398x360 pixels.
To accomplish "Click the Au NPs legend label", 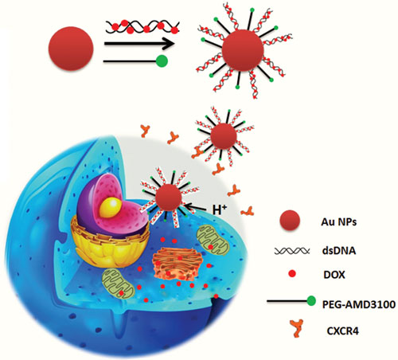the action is (x=339, y=221).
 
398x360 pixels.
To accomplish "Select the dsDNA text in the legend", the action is (x=338, y=251).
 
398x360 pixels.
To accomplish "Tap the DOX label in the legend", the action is (x=334, y=275).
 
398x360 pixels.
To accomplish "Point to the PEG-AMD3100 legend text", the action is (x=359, y=304).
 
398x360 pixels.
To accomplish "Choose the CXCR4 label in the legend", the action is (x=342, y=331).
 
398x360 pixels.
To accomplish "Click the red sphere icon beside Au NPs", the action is (x=290, y=221).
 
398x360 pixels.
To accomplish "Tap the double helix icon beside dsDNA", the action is (x=292, y=251).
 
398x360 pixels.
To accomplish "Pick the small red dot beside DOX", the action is (x=292, y=274).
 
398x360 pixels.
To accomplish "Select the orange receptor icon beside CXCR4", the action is (x=297, y=328).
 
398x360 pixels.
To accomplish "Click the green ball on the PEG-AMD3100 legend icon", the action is (x=311, y=301).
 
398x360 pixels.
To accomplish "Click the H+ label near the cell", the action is (x=220, y=209).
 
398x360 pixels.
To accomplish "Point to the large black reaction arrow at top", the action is (x=140, y=43).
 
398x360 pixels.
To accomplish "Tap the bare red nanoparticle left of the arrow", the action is (x=71, y=49).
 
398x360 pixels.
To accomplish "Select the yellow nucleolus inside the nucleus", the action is (x=111, y=208).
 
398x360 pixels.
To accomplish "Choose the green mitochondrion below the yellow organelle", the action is (x=119, y=284).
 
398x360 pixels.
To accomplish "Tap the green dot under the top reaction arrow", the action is (x=162, y=61).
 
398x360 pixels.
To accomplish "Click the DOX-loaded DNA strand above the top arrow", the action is (x=142, y=27).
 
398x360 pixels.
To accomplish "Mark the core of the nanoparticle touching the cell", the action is (x=169, y=198).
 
